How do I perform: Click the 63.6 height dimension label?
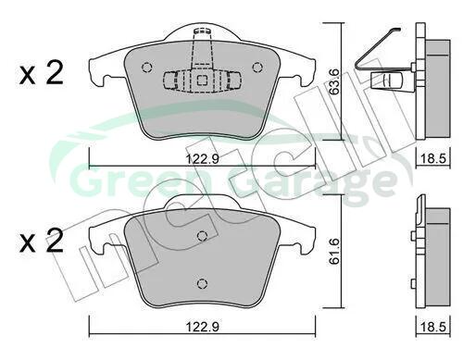tap(334, 81)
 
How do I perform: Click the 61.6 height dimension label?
tap(334, 251)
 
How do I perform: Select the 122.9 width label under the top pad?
tap(203, 159)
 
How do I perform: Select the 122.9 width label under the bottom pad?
tap(203, 327)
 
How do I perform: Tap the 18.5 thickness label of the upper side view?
tap(433, 159)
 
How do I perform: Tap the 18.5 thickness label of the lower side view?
tap(433, 327)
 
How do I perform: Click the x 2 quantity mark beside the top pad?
tap(42, 73)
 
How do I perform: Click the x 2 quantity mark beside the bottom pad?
tap(42, 241)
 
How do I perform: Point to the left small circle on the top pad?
tap(146, 67)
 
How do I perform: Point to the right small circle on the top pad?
tap(257, 67)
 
